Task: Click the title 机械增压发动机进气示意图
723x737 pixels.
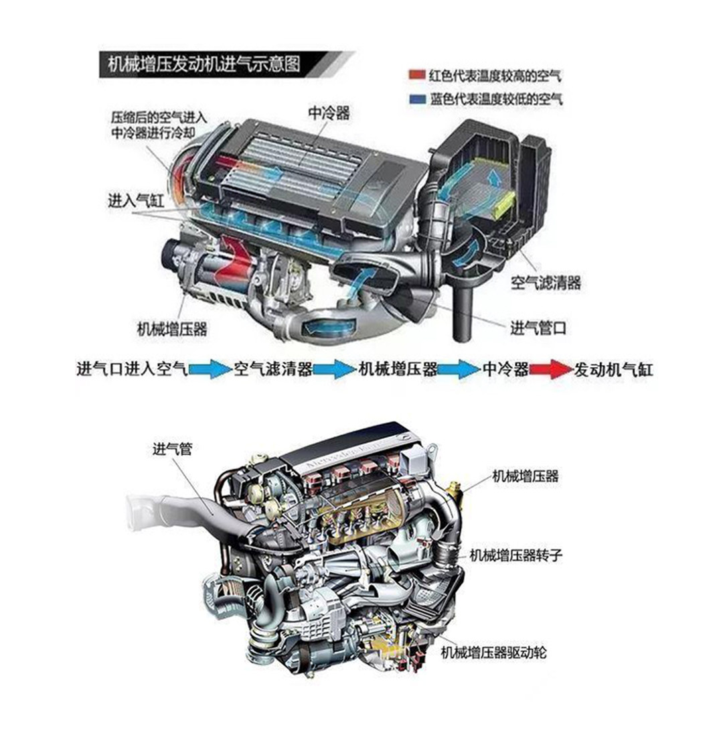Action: point(204,64)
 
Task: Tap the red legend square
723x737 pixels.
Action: point(417,76)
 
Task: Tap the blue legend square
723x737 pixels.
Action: point(417,99)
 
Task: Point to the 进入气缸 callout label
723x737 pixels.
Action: point(137,201)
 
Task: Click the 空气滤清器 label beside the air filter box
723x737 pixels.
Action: point(546,283)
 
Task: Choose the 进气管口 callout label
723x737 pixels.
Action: point(538,328)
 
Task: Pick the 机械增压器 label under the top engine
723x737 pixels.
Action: point(172,328)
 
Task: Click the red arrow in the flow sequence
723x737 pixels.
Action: point(551,369)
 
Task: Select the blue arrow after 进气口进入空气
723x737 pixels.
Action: point(210,369)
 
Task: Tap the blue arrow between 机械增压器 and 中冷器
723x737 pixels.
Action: point(459,369)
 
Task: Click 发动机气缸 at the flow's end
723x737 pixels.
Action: point(613,369)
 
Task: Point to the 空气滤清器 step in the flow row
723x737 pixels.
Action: point(273,369)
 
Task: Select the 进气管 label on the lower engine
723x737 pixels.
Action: point(173,450)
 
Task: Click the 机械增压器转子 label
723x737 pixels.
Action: point(516,555)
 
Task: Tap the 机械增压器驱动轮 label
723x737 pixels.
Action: point(494,653)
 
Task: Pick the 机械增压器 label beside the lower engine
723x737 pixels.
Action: point(526,476)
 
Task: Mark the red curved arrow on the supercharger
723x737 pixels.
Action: point(232,261)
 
